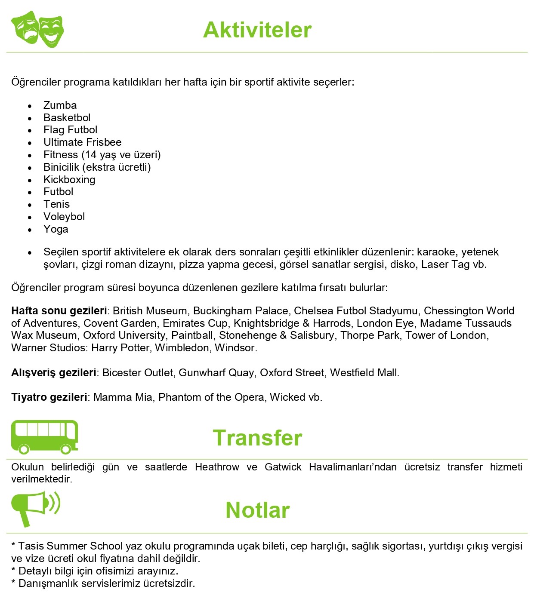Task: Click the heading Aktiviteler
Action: (x=257, y=30)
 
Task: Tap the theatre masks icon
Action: (x=38, y=29)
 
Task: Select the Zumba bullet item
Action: (x=60, y=105)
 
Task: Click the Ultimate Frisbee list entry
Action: (x=82, y=142)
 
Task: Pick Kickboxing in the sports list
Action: (x=69, y=180)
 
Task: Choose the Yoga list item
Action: (x=56, y=229)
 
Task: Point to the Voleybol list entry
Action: (x=64, y=217)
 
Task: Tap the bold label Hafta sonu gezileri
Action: (x=59, y=311)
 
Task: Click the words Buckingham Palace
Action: (x=241, y=311)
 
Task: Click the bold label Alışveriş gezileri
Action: (x=53, y=373)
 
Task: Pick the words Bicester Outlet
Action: (x=137, y=373)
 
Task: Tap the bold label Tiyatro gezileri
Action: (x=49, y=397)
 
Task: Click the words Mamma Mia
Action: (x=123, y=397)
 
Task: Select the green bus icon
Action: (x=44, y=437)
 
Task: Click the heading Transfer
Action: (x=257, y=438)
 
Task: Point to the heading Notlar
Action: (x=257, y=510)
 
